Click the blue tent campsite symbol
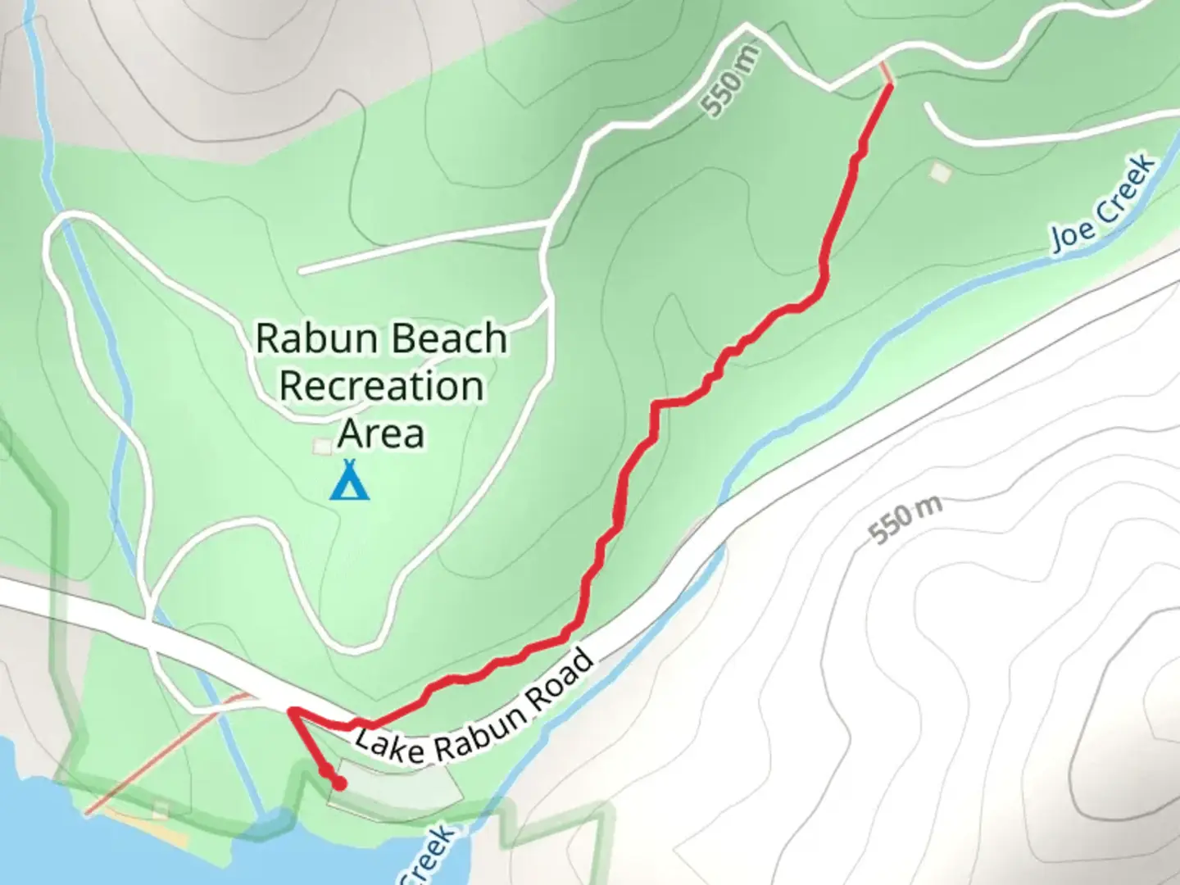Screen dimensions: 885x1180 pos(350,481)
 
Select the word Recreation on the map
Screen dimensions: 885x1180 pos(381,385)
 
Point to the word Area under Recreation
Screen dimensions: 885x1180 pos(381,433)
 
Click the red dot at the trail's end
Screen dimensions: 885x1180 pos(338,784)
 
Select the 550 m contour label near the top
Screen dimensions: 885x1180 pos(732,80)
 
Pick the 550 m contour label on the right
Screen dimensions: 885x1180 pos(905,519)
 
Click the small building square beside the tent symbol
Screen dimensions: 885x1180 pos(322,447)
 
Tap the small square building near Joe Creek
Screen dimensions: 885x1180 pos(940,172)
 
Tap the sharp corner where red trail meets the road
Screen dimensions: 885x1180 pos(291,710)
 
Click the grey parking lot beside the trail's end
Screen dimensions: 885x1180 pos(393,791)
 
